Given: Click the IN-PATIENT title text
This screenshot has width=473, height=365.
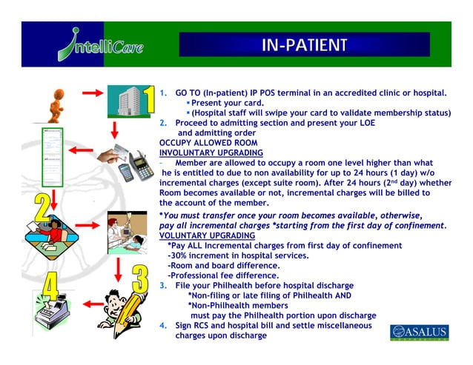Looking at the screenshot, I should coord(304,47).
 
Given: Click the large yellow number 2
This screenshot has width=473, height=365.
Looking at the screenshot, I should coord(44,209).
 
